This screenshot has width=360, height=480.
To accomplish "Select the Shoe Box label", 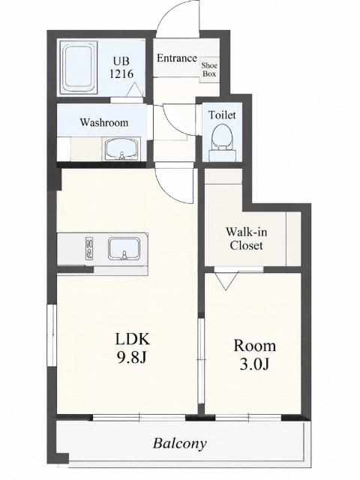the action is click(x=209, y=70).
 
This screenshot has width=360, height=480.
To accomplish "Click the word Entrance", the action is click(x=177, y=58).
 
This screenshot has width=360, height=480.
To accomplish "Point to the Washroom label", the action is click(x=104, y=122).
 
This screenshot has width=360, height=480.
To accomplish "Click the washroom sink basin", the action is click(x=122, y=148).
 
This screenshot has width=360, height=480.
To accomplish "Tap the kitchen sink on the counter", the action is click(x=124, y=248).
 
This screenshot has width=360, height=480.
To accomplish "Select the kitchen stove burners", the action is click(x=90, y=248).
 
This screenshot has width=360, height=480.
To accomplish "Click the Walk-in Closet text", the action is click(x=247, y=238).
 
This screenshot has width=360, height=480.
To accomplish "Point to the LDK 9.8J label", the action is click(x=132, y=348).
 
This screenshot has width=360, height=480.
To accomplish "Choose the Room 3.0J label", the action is click(x=255, y=355).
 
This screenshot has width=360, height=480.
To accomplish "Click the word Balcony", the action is click(x=180, y=443).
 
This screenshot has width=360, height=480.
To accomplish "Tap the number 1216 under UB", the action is click(x=121, y=73).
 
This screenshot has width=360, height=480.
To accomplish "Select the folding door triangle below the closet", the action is click(x=226, y=280).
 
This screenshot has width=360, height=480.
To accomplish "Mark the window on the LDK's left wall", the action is click(x=52, y=334).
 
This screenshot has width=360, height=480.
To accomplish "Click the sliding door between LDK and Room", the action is click(x=201, y=361).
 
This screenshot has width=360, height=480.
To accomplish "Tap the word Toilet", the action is click(x=222, y=115).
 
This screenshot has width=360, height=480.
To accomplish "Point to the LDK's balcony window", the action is click(x=139, y=418).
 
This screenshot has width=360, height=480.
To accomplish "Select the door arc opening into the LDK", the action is click(x=168, y=193).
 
